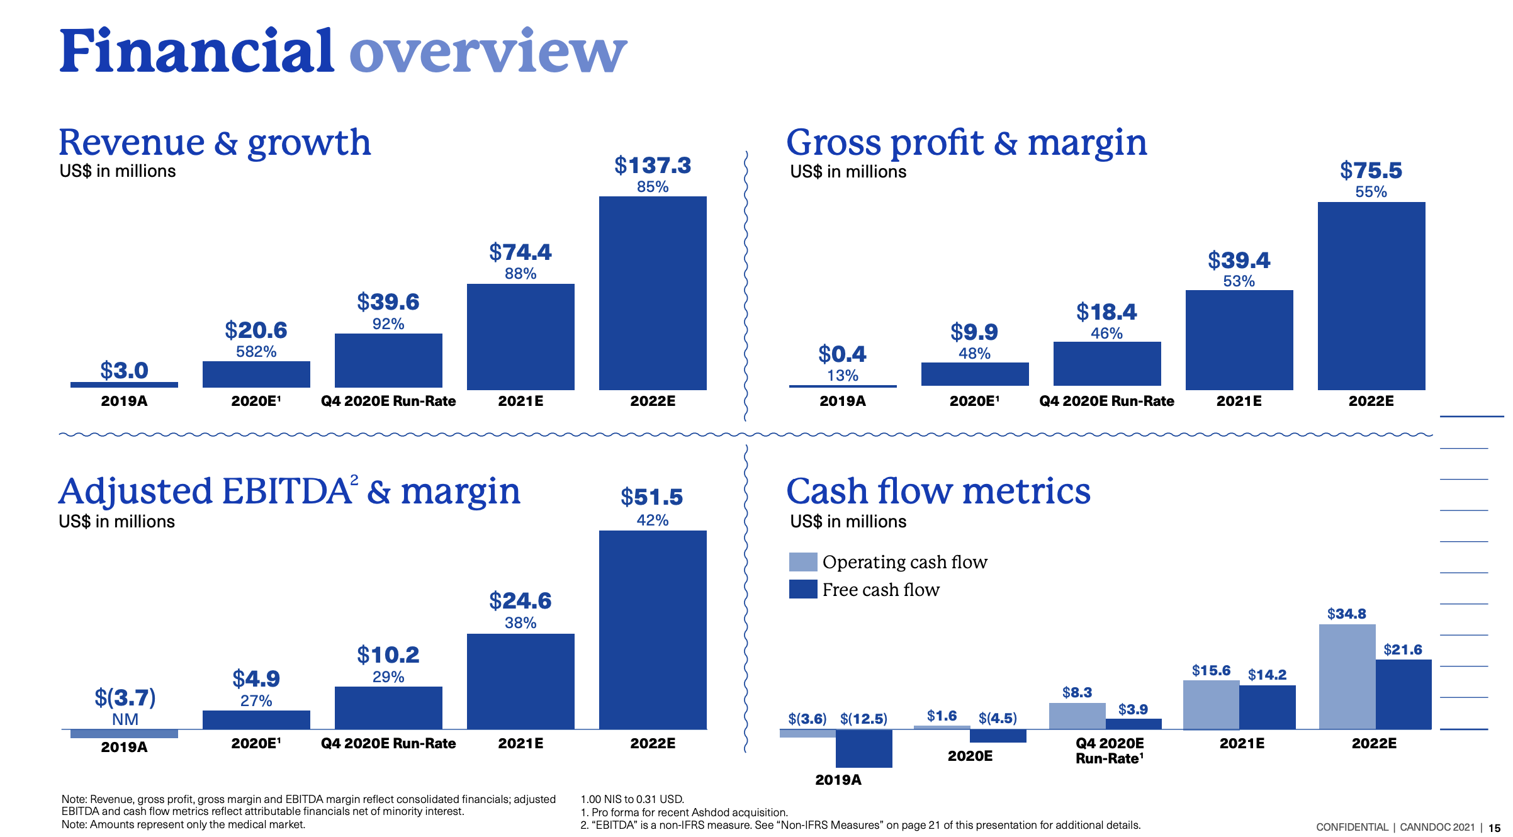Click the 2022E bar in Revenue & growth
(653, 293)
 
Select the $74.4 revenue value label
(520, 252)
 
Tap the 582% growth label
(256, 351)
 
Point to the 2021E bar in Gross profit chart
(1239, 340)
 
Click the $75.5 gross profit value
(1371, 171)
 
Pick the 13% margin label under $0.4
(842, 375)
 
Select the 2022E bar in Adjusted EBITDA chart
(653, 629)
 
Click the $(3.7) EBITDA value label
(125, 697)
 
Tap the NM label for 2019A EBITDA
(125, 719)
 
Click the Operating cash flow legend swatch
(802, 561)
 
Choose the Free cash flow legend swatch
(802, 589)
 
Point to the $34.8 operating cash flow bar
(1347, 677)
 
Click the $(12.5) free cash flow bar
(863, 748)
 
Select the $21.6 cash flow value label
(1402, 649)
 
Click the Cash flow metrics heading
(938, 491)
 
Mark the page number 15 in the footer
(1494, 828)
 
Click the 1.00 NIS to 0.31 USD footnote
(632, 799)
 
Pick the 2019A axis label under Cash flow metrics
(838, 780)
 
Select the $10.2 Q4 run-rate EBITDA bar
(388, 707)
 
